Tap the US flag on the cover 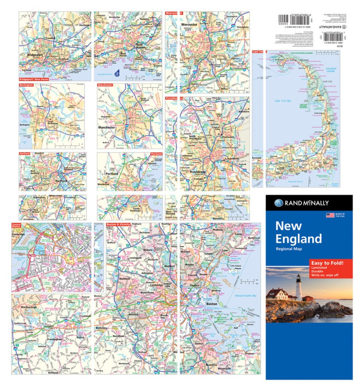pyautogui.click(x=330, y=215)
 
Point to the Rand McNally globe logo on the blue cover pyautogui.click(x=279, y=203)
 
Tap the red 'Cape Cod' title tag pyautogui.click(x=258, y=51)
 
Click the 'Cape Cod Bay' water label pyautogui.click(x=288, y=101)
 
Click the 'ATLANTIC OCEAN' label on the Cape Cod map pyautogui.click(x=331, y=70)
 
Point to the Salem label pyautogui.click(x=237, y=235)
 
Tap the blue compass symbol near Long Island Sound pyautogui.click(x=117, y=75)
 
